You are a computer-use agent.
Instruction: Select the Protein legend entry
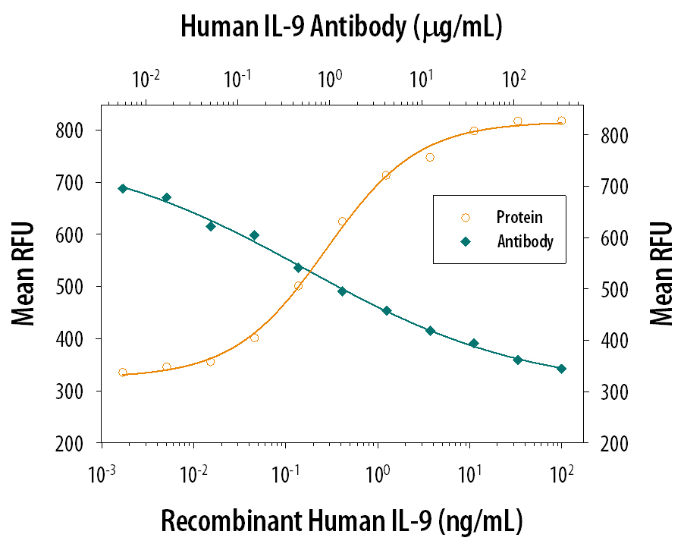tap(519, 218)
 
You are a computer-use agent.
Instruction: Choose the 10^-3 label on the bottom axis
tap(102, 474)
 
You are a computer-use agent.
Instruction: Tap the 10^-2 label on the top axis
tap(146, 78)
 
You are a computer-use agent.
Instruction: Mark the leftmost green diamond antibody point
tap(123, 188)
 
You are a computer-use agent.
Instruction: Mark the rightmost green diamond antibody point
tap(561, 369)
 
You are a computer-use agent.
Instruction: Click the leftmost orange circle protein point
tap(123, 373)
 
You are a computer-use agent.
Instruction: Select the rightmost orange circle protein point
tap(561, 121)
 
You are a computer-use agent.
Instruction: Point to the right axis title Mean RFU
tap(661, 273)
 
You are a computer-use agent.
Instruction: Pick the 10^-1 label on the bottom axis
tap(286, 474)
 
